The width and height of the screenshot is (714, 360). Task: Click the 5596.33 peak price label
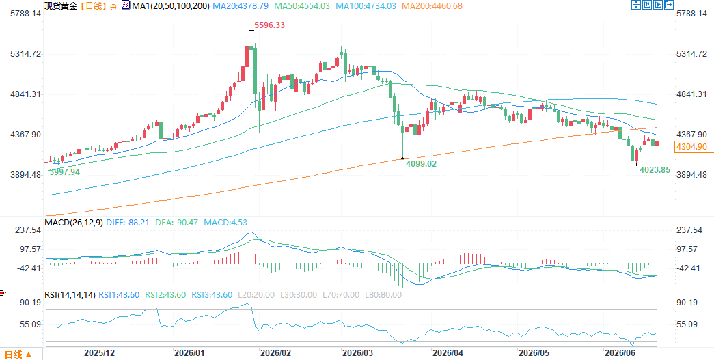click(x=269, y=25)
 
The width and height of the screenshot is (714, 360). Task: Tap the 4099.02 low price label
click(x=421, y=163)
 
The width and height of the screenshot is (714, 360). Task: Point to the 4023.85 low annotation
click(x=655, y=170)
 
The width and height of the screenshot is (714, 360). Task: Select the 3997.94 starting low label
click(x=64, y=171)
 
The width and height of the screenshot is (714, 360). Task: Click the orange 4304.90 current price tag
click(x=691, y=147)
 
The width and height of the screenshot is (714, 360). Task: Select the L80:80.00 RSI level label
click(x=384, y=295)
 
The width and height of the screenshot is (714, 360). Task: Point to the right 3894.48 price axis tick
click(x=691, y=175)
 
